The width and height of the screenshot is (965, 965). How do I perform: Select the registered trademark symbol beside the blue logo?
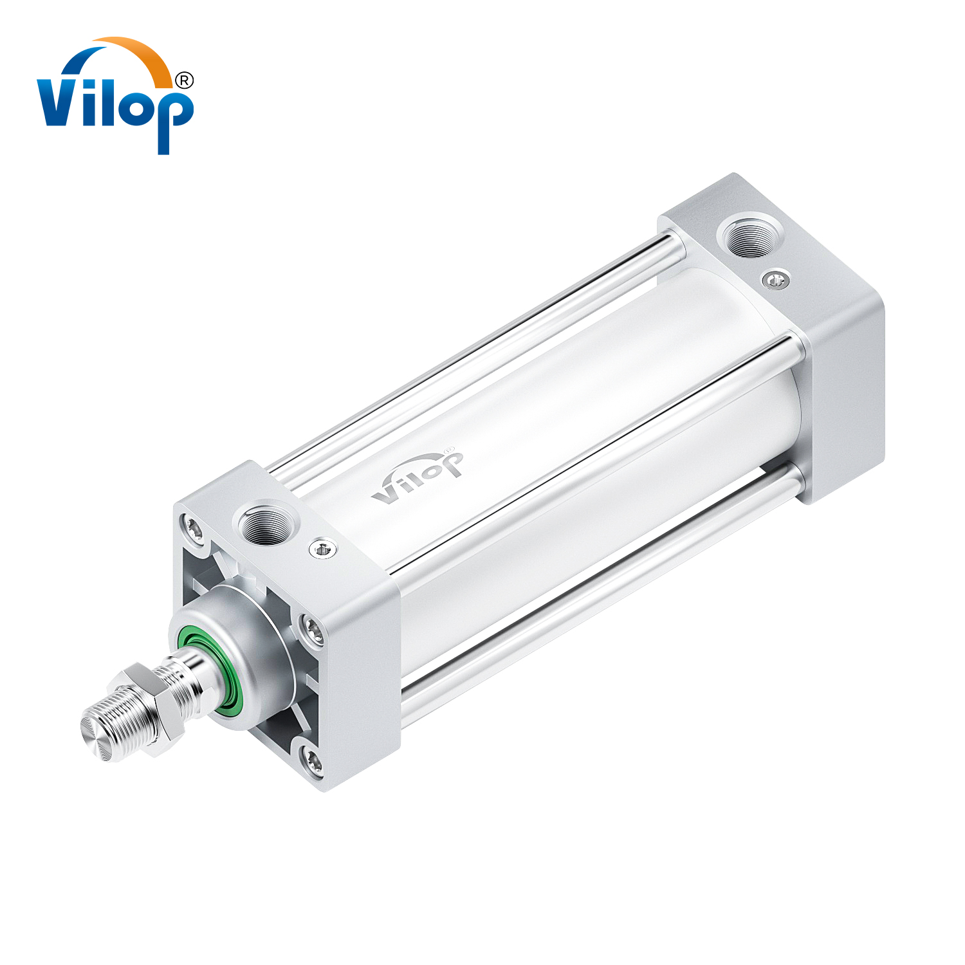tap(184, 80)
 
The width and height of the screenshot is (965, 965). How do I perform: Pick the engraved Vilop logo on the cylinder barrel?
tap(417, 477)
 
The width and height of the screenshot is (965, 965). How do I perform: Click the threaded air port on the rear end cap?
tap(749, 235)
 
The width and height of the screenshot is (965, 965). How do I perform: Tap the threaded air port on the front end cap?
tap(267, 523)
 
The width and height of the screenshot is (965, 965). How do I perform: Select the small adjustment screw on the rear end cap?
tap(776, 279)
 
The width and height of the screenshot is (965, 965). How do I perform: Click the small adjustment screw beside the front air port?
tap(323, 549)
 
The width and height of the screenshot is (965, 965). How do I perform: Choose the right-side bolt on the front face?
tap(314, 630)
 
